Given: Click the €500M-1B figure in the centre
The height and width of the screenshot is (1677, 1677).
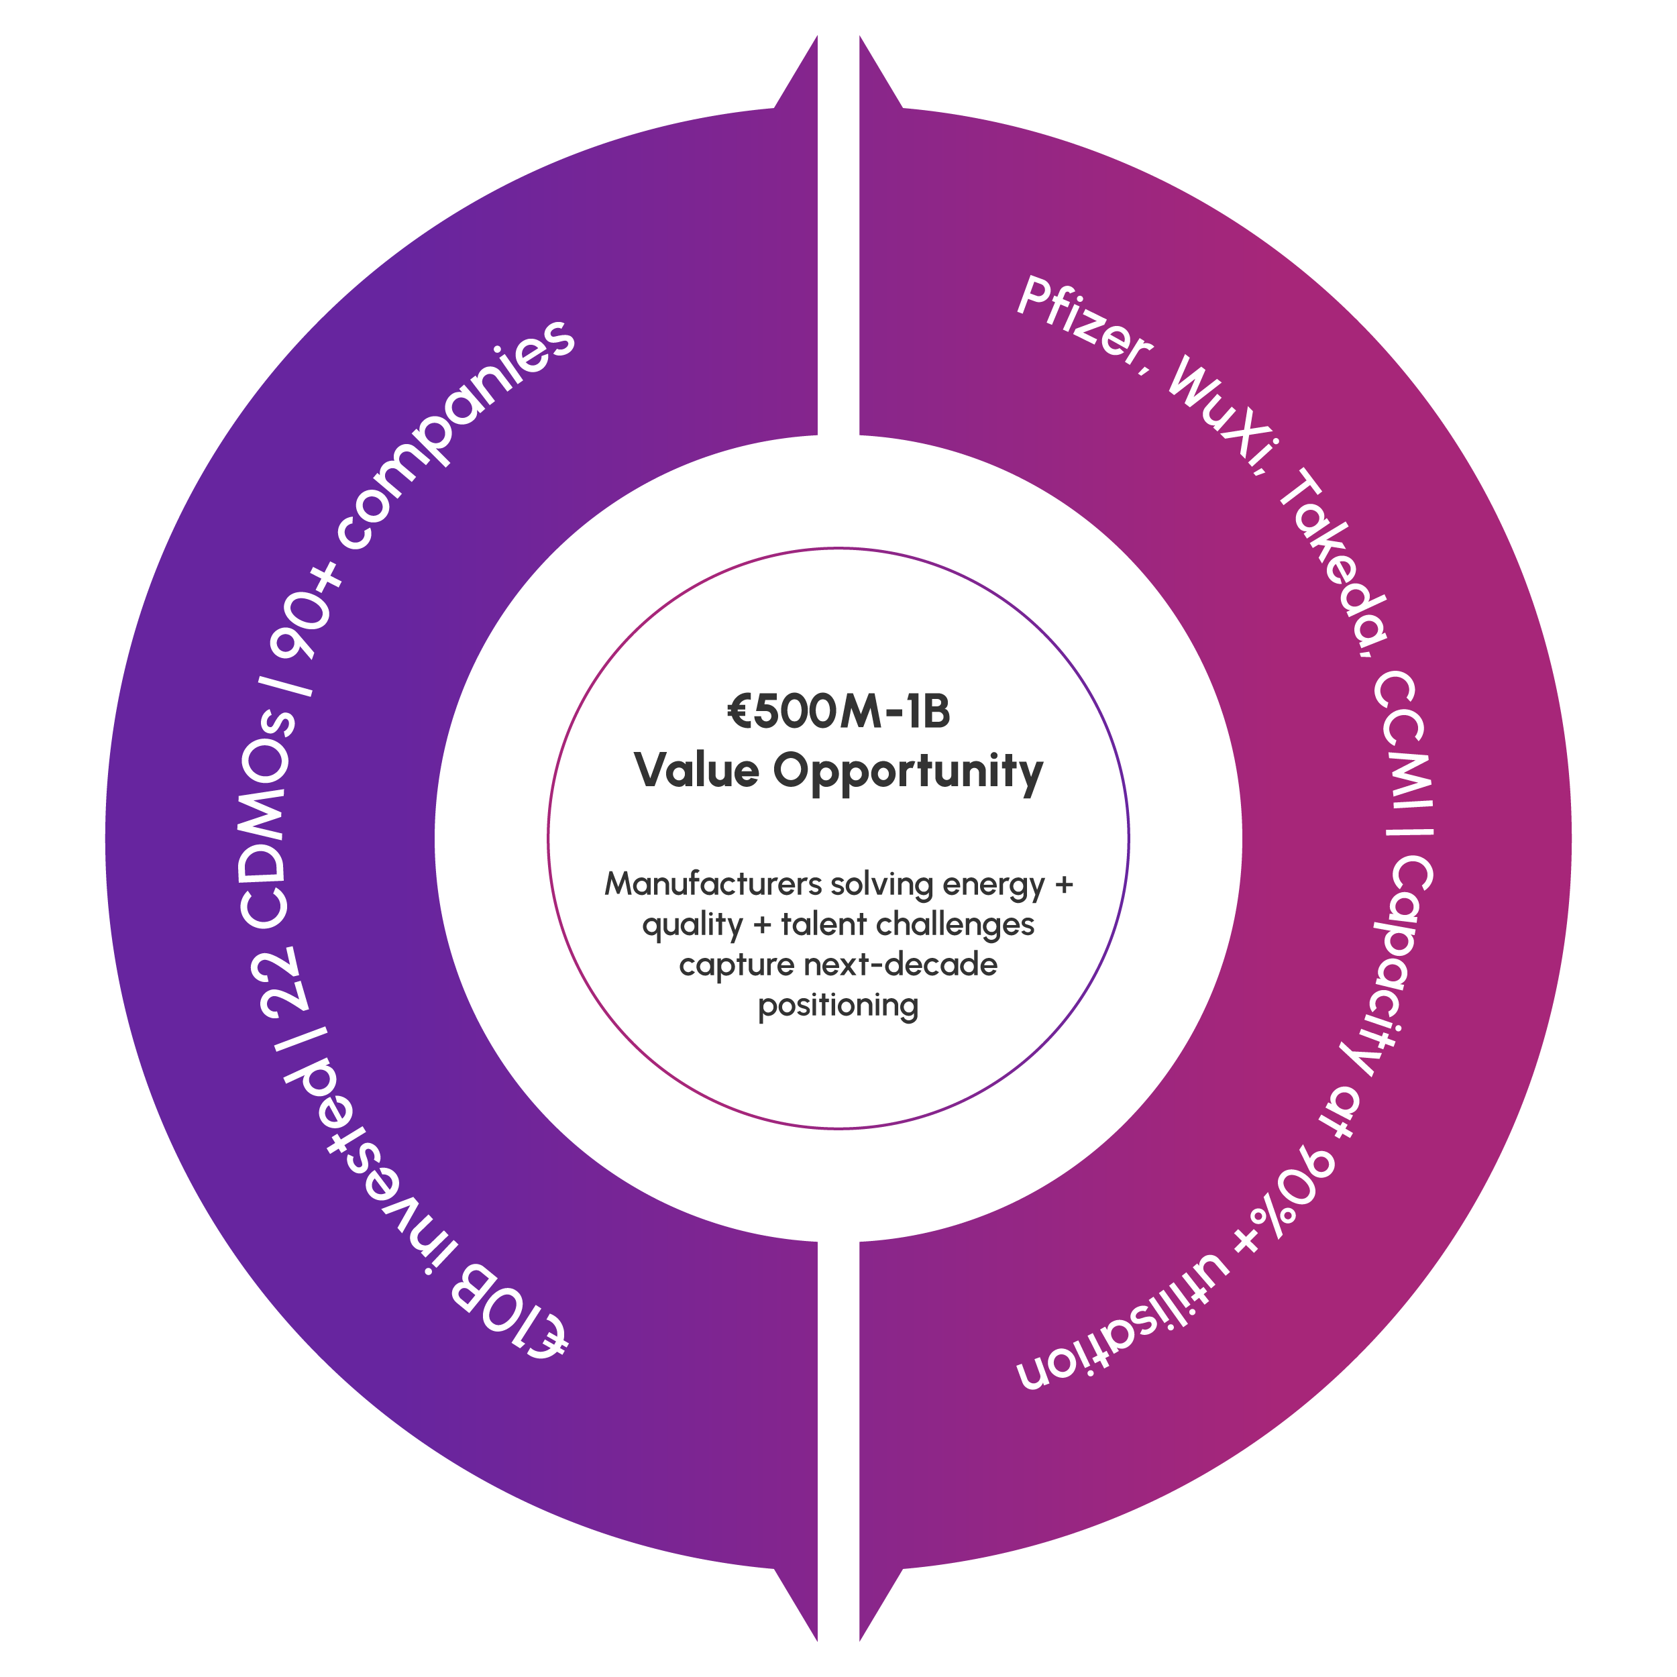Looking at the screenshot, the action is [x=838, y=711].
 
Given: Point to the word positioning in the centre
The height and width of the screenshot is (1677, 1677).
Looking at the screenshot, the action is [x=838, y=1006].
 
